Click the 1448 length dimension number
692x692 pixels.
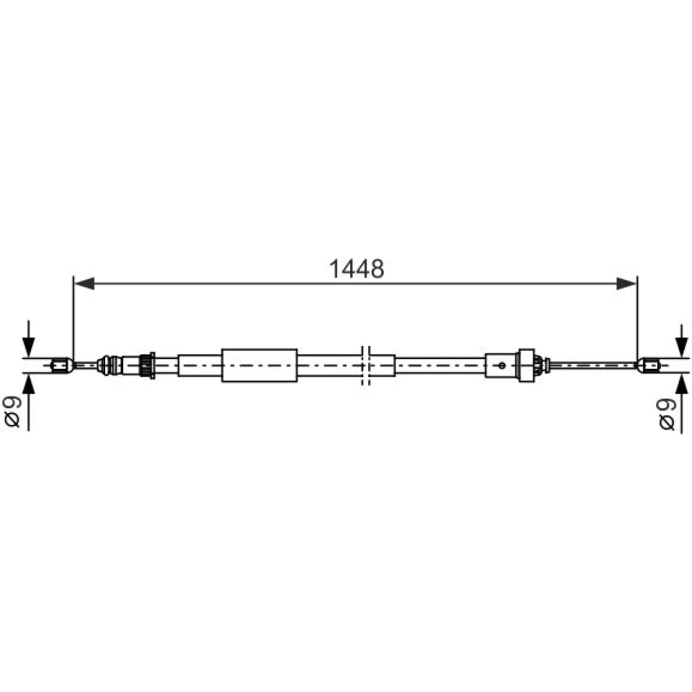coord(356,268)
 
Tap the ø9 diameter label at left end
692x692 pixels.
coord(12,411)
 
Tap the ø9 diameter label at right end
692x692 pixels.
coord(666,414)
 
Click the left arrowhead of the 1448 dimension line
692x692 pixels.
coord(84,284)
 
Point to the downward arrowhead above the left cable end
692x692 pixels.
coord(28,347)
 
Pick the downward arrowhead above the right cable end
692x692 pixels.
coord(682,348)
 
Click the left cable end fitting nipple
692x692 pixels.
coord(62,365)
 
